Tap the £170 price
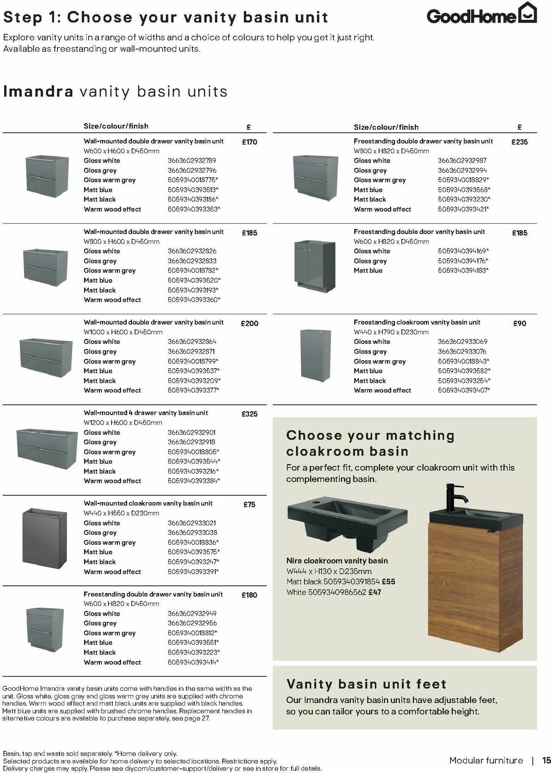tap(249, 142)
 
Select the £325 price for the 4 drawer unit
tap(249, 414)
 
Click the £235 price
tap(519, 142)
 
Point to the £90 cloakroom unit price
tap(519, 324)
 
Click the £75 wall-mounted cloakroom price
tap(249, 504)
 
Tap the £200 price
tap(249, 324)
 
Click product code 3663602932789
tap(192, 161)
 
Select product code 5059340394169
tap(463, 251)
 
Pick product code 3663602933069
tap(462, 342)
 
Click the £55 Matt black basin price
tap(388, 582)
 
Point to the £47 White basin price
tap(375, 592)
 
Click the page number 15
tap(546, 760)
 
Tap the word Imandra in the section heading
tap(38, 91)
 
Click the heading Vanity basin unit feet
tap(366, 684)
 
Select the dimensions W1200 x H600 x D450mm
tap(123, 423)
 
